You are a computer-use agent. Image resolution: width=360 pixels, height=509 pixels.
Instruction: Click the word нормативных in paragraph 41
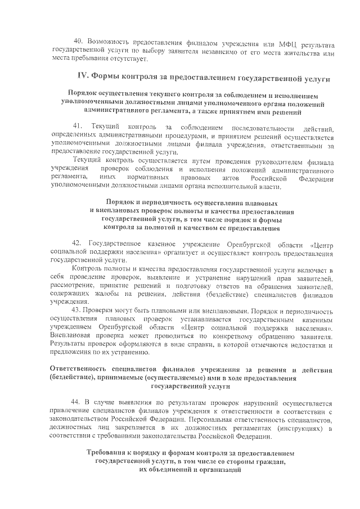[138, 178]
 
